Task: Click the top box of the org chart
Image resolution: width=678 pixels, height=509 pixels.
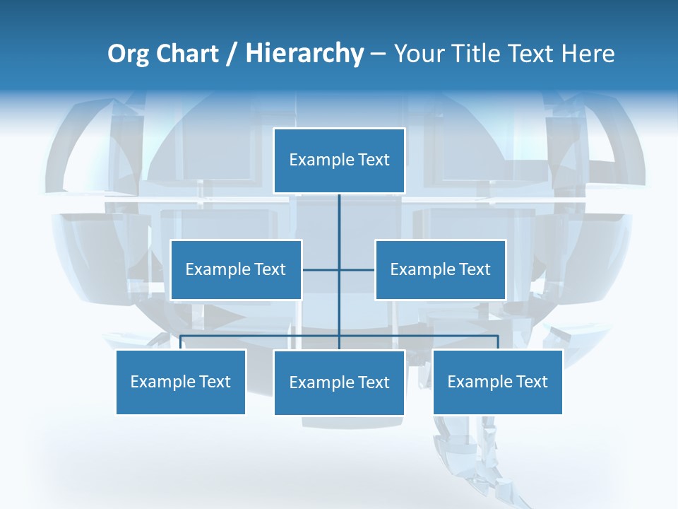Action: coord(339,160)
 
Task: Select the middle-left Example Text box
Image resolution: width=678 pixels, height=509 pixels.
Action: coord(236,269)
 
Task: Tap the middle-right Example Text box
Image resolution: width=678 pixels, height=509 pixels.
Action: coord(440,269)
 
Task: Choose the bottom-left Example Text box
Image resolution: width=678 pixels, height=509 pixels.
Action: coord(181,382)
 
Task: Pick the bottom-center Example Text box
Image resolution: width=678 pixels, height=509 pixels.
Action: coord(339,382)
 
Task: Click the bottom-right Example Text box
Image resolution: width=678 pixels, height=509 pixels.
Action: coord(497,382)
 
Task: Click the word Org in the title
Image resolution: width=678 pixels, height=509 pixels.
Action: coord(128,54)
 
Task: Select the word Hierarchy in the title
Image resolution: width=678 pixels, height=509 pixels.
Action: coord(304,54)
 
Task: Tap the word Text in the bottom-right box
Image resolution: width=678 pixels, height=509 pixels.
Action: coord(531,382)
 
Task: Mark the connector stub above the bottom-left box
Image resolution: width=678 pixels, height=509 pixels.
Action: coord(181,342)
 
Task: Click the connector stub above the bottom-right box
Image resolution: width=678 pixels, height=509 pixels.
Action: coord(498,342)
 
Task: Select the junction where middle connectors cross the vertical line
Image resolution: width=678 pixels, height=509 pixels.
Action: coord(339,269)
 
